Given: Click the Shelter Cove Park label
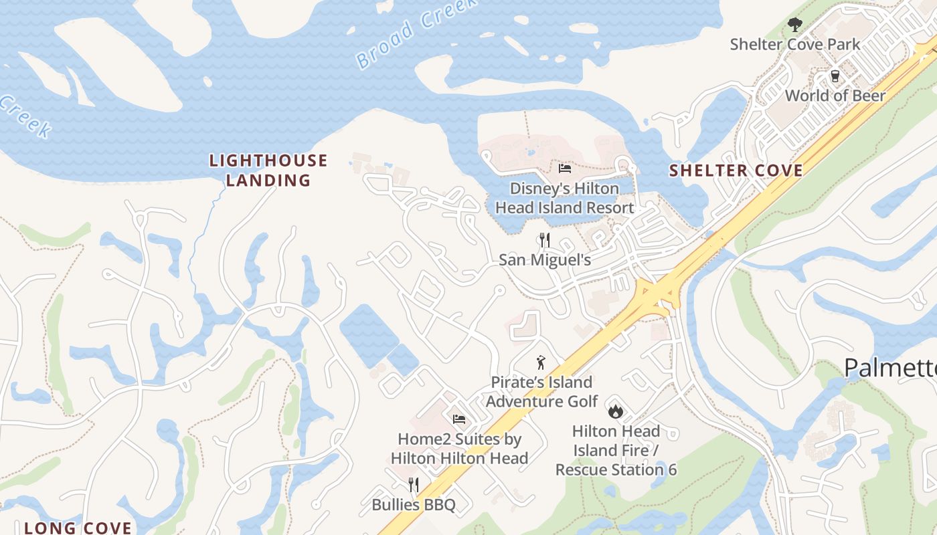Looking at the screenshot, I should [x=794, y=45].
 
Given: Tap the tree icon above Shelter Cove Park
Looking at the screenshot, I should [x=794, y=25].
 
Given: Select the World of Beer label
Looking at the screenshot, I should [x=835, y=96].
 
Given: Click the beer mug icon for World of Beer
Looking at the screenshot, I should [x=835, y=76].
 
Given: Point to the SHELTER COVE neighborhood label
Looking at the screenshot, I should [x=736, y=171].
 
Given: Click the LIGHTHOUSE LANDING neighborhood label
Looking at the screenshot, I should [x=268, y=171].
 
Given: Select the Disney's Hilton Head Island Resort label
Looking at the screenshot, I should [x=564, y=198].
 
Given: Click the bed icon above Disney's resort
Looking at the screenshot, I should [x=564, y=168].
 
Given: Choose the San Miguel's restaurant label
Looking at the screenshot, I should [x=545, y=259].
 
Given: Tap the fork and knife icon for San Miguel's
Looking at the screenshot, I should [x=545, y=239].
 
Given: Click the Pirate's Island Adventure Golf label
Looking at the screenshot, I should [x=541, y=392].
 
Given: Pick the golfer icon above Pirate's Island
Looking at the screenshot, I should [x=541, y=363].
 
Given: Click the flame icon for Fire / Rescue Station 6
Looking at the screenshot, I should [x=615, y=411].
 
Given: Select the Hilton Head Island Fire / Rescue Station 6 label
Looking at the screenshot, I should [x=616, y=450].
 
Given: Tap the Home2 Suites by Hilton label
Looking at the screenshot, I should [x=459, y=449].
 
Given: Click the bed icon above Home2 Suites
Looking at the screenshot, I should [x=459, y=419].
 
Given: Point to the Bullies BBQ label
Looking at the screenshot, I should [x=414, y=504].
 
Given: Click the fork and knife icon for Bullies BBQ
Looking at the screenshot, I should [x=414, y=484].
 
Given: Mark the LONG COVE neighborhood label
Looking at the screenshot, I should [x=78, y=528].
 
